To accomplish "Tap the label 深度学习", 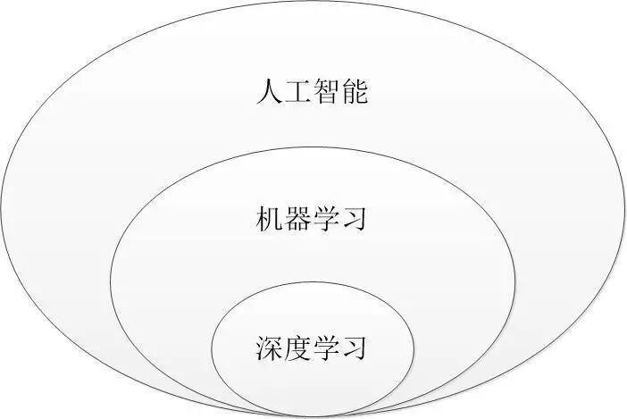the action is [311, 347].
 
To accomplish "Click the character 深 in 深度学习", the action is [269, 347].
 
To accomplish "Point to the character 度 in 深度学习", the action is [297, 347].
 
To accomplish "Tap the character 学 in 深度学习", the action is [325, 347].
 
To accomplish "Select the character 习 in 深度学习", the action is [354, 347].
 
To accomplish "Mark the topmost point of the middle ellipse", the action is [313, 147].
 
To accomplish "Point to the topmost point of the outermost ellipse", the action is [313, 3].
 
